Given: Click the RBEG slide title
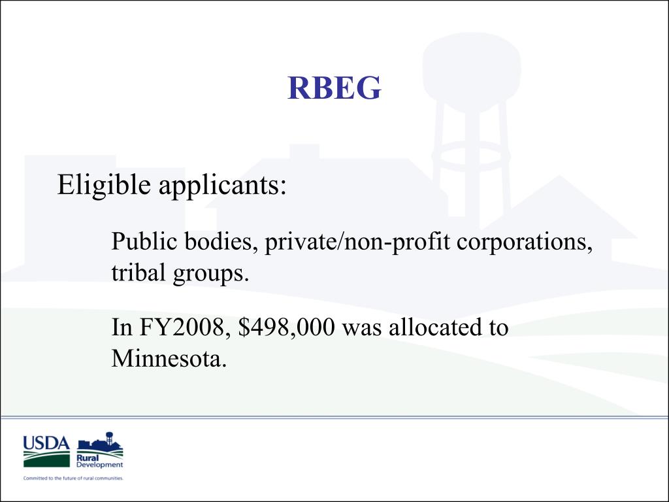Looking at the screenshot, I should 334,88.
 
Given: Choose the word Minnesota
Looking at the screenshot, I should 169,358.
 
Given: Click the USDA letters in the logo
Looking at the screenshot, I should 46,444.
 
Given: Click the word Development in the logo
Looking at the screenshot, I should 99,465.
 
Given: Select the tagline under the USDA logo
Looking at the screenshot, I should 73,478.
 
